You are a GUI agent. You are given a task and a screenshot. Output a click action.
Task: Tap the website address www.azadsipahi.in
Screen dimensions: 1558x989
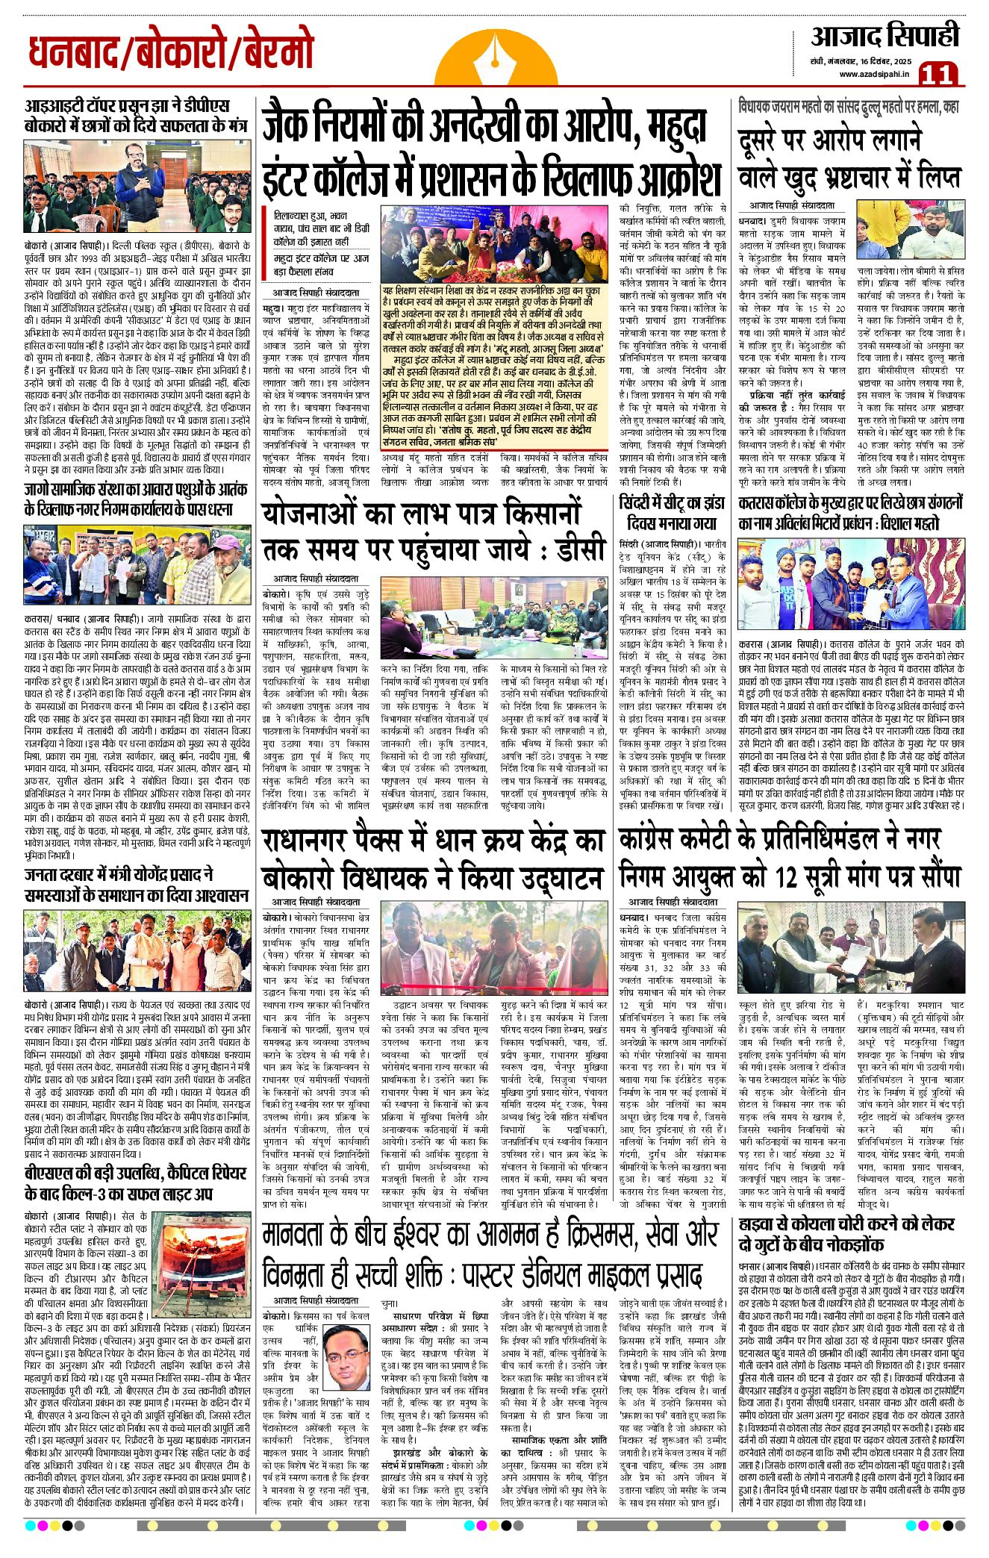(873, 73)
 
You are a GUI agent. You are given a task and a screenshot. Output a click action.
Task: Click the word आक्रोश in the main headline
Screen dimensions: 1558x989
(678, 176)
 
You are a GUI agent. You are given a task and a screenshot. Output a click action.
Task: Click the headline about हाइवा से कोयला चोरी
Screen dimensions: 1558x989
(846, 1236)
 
